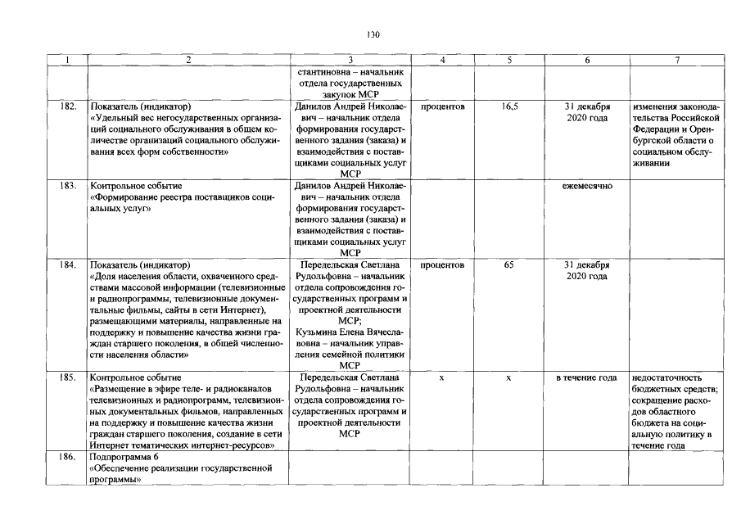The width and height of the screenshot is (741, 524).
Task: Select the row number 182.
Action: point(69,106)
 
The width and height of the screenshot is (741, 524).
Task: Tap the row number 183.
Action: point(69,186)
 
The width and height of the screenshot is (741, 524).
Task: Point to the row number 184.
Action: point(69,265)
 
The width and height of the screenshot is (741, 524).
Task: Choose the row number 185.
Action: point(69,377)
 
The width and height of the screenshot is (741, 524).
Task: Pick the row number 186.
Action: point(69,456)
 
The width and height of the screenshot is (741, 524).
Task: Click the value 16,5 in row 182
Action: point(509,106)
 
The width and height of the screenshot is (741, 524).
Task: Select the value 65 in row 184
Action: point(509,265)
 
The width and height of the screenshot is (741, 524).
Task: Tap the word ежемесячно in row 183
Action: point(586,186)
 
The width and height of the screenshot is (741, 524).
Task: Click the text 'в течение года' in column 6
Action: point(586,377)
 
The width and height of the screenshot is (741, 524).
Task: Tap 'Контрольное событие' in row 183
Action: point(136,186)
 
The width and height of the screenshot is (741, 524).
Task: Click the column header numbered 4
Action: point(442,60)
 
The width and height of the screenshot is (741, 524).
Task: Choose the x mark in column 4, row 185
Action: point(442,377)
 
